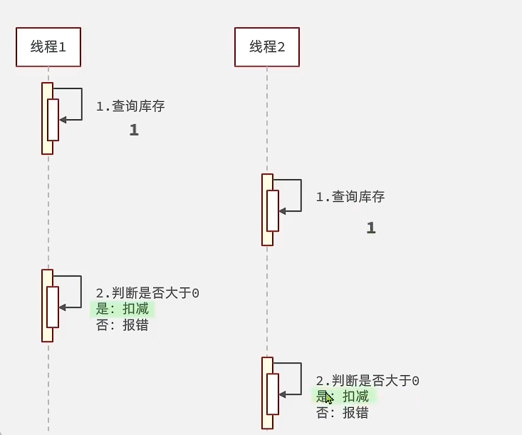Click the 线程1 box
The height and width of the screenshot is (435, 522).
48,47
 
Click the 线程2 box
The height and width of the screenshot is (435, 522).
267,47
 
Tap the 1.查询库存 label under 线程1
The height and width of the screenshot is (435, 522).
130,106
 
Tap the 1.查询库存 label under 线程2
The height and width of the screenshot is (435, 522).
350,197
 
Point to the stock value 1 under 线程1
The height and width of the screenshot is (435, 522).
133,130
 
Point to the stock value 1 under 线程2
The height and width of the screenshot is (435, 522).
370,228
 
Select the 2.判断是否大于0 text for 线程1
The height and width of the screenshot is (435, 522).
147,293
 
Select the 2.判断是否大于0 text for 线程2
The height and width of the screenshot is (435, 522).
367,381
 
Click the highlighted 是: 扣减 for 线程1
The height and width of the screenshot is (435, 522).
122,309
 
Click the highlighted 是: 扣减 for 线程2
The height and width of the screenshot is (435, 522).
345,396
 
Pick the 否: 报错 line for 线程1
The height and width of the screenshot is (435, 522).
122,325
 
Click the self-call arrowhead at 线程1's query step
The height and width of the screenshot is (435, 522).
63,120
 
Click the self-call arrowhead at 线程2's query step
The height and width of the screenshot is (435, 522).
282,211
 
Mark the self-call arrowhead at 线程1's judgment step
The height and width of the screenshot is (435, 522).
63,307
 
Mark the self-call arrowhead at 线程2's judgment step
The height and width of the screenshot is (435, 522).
282,394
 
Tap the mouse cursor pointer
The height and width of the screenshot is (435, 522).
328,397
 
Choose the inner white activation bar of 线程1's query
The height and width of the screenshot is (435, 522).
53,120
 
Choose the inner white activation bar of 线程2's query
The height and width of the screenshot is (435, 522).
272,211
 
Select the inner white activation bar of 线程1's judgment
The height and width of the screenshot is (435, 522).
53,307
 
